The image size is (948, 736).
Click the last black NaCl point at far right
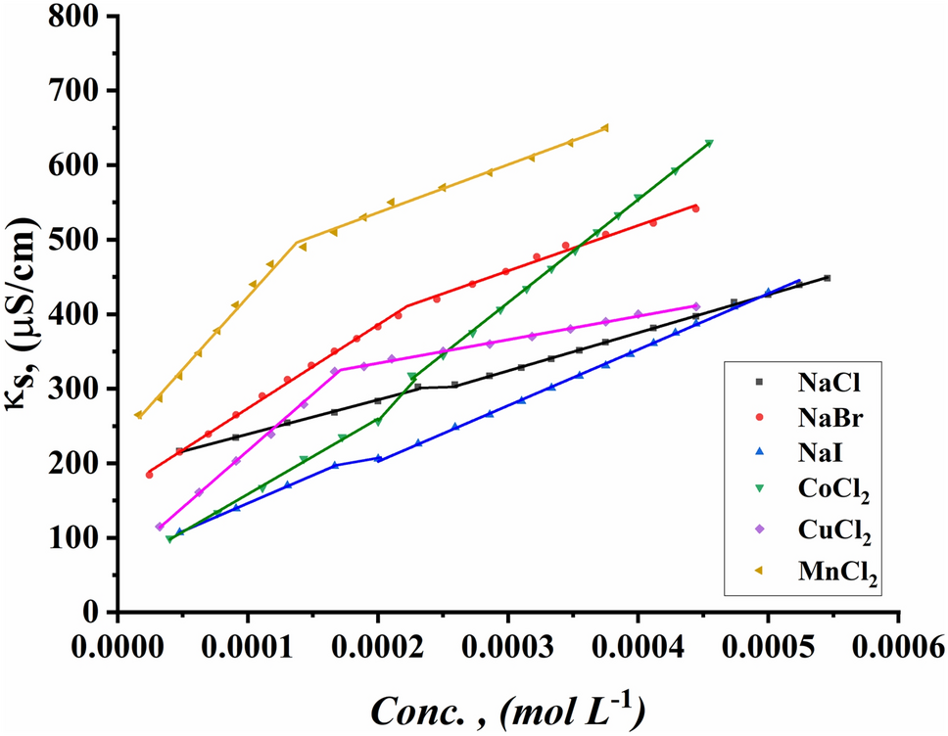pyautogui.click(x=828, y=278)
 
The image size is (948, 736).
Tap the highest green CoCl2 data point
pyautogui.click(x=709, y=144)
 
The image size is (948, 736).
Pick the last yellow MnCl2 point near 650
pyautogui.click(x=604, y=127)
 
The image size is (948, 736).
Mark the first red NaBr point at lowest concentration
pyautogui.click(x=149, y=475)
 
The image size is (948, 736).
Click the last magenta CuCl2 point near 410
pyautogui.click(x=696, y=306)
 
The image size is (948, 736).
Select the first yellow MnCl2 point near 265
pyautogui.click(x=138, y=415)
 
